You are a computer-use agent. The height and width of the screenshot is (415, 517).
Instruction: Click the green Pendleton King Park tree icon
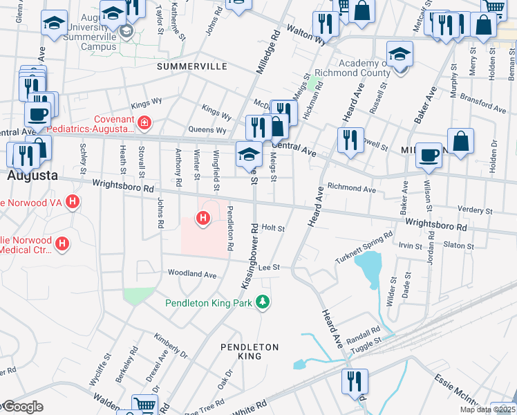262,302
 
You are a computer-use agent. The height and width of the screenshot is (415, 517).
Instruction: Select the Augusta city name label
32,176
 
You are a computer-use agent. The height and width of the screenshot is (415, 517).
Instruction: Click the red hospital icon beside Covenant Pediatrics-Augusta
144,124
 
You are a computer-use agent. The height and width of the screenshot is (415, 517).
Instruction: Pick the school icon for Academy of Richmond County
399,55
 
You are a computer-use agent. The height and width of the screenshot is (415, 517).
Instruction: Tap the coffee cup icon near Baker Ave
429,156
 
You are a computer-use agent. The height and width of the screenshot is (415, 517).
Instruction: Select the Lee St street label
268,267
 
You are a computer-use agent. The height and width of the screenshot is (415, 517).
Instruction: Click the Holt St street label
273,227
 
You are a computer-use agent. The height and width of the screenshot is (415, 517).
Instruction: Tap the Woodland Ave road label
193,274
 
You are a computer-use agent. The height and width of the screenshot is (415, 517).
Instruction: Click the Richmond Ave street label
351,187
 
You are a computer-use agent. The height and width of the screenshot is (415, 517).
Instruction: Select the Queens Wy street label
207,130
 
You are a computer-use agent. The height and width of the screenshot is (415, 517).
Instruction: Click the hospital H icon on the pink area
203,219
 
